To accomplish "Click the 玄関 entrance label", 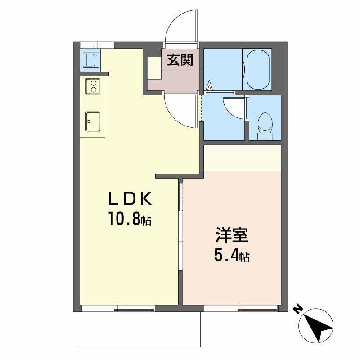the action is (x=180, y=60).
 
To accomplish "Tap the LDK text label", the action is (x=130, y=199).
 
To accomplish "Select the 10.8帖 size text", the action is (x=130, y=219).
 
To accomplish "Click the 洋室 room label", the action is (x=232, y=235).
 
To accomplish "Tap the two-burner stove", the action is (x=93, y=86).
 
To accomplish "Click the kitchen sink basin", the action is (x=93, y=121).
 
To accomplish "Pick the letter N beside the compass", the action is (x=298, y=310).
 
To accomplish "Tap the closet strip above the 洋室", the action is (x=243, y=158).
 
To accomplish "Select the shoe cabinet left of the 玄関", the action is (x=154, y=68).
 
